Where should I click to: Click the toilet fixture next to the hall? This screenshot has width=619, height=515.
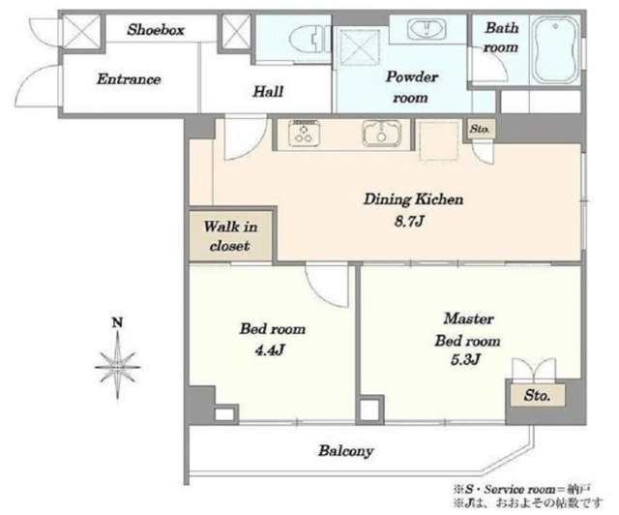point(310,40)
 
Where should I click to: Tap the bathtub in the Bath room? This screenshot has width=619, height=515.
point(555,49)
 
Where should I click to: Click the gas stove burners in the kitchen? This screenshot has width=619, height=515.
point(304,134)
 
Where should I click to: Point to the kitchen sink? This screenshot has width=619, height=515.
point(382,134)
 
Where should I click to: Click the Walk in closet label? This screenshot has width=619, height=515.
point(230,236)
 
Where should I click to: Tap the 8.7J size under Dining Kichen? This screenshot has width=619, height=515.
point(409,222)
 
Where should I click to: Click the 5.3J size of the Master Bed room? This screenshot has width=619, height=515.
point(465,360)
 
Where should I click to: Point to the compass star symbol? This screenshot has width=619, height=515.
point(118,366)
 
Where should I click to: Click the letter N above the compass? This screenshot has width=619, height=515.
point(117,323)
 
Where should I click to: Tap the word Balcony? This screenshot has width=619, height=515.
point(346,451)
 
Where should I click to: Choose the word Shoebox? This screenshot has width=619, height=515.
point(156,30)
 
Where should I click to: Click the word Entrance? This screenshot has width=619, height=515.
point(129,79)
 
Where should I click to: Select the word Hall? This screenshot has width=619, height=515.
point(268,92)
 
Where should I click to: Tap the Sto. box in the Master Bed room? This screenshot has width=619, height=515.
point(537,395)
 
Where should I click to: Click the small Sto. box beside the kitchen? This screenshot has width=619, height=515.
point(480,129)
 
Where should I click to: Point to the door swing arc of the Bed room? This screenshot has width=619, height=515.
point(328,286)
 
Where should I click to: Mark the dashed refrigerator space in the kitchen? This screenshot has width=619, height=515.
point(439,140)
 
